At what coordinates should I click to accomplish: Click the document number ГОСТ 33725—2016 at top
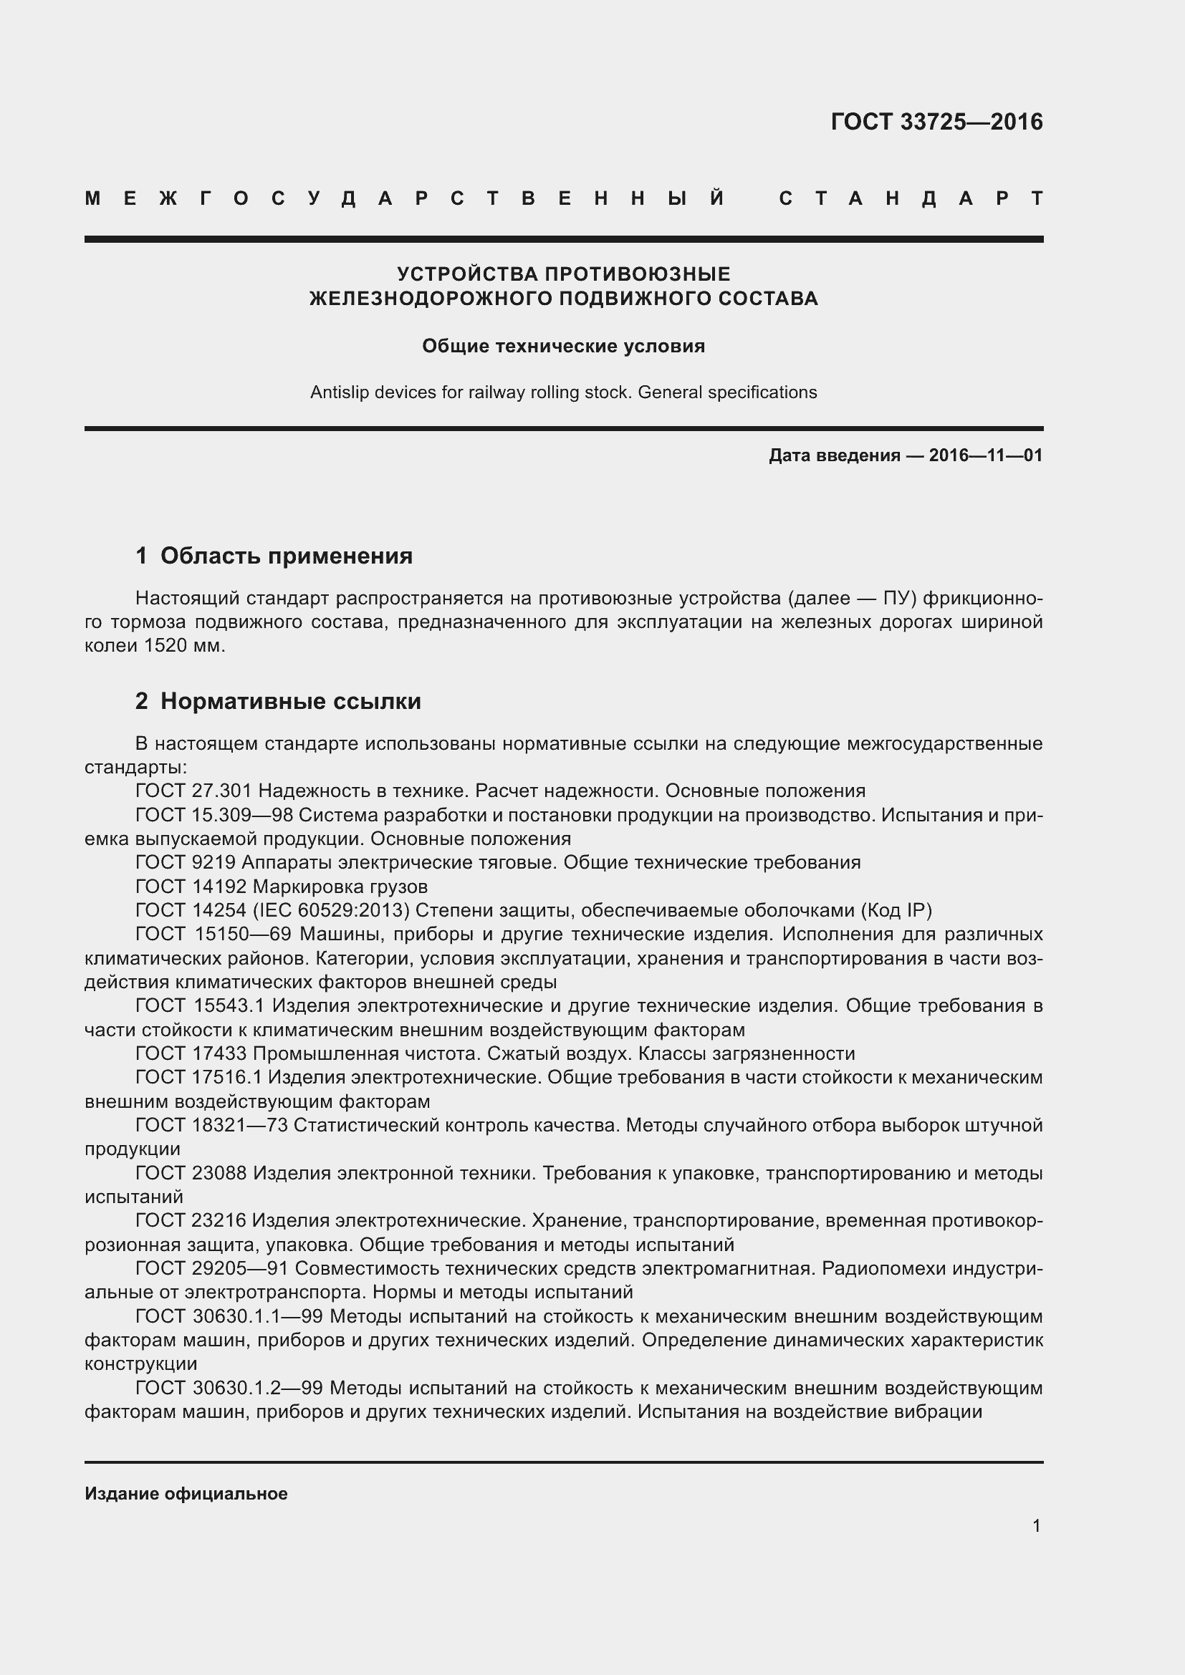pos(936,122)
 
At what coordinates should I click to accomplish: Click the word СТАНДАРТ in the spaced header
pos(911,198)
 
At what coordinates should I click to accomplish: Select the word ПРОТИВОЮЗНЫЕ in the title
pos(638,274)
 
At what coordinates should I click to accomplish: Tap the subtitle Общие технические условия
pos(563,346)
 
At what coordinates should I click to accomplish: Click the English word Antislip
pos(340,392)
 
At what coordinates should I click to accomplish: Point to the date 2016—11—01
pos(985,456)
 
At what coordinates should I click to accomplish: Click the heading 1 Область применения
pos(274,556)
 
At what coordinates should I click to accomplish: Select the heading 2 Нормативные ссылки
pos(278,701)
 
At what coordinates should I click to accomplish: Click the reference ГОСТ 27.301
pos(193,791)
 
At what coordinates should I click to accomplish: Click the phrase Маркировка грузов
pos(340,887)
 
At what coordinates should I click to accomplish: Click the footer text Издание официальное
pos(186,1493)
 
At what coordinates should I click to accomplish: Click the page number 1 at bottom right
pos(1036,1525)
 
